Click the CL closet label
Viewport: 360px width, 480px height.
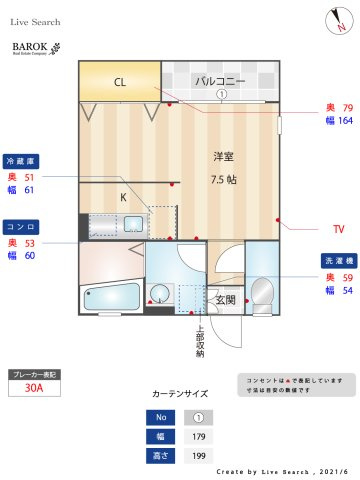[x=119, y=82]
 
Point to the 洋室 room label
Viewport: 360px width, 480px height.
[x=223, y=157]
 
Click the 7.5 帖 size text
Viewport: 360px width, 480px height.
[x=223, y=179]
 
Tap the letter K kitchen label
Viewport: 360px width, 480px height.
[x=123, y=197]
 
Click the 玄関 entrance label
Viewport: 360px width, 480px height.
[x=225, y=299]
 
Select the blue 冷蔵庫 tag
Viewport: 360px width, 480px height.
[x=21, y=160]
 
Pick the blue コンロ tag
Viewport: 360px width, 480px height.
[x=21, y=226]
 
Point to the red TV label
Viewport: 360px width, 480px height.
[x=338, y=229]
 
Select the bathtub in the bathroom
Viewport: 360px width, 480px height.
[x=111, y=298]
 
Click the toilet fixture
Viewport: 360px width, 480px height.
[x=263, y=291]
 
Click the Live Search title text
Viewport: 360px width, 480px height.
[x=36, y=21]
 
